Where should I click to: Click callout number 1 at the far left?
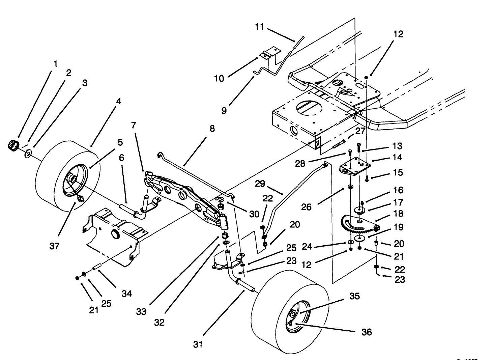[55, 64]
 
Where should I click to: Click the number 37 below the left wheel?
[54, 246]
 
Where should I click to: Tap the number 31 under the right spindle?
[198, 344]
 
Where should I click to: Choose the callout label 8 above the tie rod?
[212, 129]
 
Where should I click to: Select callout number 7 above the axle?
[134, 125]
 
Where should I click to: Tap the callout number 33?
[141, 312]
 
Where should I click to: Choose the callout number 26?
[306, 206]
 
